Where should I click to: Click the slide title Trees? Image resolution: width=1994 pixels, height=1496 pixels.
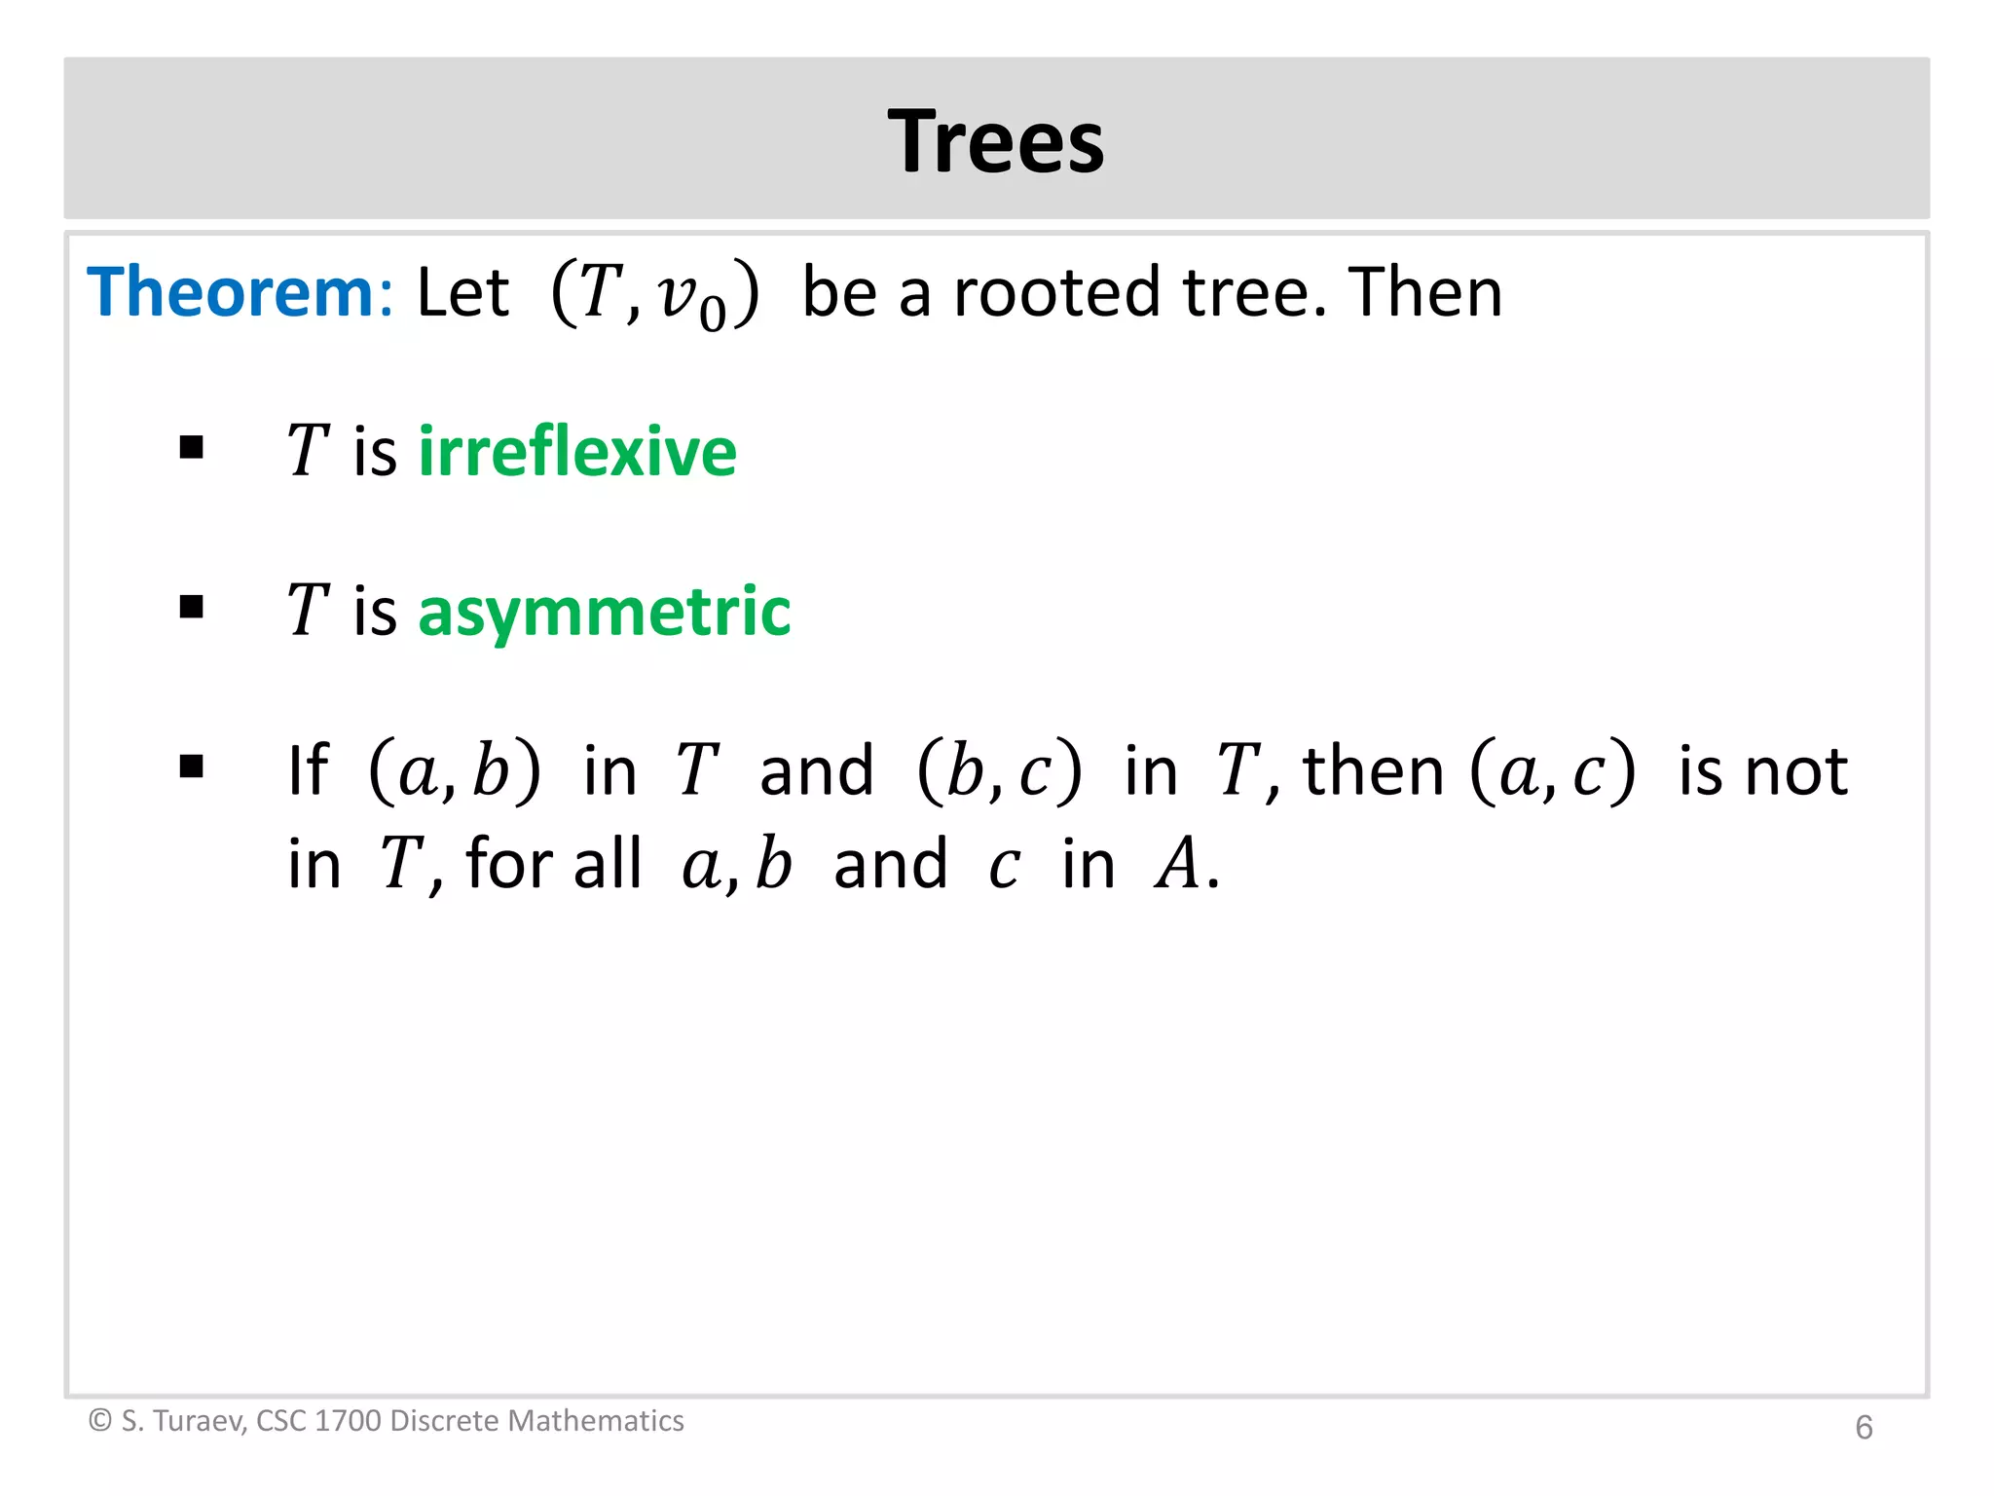click(x=996, y=142)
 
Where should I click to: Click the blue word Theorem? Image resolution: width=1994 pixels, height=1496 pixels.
click(x=230, y=292)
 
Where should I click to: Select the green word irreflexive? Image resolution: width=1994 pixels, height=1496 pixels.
click(x=577, y=452)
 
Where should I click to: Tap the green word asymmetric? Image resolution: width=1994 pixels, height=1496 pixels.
click(x=605, y=612)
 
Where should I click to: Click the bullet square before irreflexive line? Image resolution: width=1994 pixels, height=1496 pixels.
click(x=192, y=448)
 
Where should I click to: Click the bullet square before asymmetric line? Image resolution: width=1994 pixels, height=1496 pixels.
click(x=192, y=608)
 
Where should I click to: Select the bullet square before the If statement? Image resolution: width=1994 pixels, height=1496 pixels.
click(x=192, y=767)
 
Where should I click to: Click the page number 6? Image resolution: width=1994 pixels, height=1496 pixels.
click(x=1864, y=1428)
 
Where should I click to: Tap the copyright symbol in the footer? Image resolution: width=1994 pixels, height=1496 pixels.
click(x=99, y=1421)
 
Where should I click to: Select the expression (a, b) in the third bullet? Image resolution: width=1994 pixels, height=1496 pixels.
click(x=455, y=771)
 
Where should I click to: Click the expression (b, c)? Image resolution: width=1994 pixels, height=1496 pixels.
click(x=1000, y=771)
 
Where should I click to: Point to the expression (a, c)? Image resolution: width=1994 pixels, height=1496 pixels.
click(x=1553, y=771)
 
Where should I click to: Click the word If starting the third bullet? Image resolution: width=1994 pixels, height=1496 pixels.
click(x=308, y=771)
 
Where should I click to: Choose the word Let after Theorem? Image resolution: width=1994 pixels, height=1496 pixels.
click(x=462, y=292)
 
